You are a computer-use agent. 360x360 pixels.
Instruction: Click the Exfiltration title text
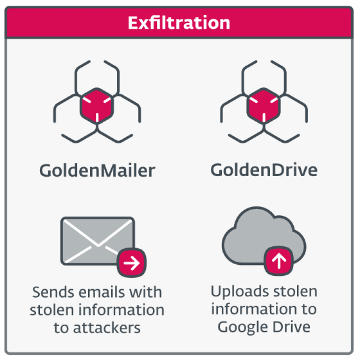pyautogui.click(x=179, y=23)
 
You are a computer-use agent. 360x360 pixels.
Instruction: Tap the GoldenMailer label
pyautogui.click(x=97, y=170)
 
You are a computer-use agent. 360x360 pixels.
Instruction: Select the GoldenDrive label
pyautogui.click(x=264, y=170)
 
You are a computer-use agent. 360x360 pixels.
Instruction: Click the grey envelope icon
pyautogui.click(x=98, y=241)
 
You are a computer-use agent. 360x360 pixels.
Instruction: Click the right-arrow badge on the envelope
pyautogui.click(x=132, y=262)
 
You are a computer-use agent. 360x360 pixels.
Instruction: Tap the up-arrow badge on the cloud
pyautogui.click(x=279, y=261)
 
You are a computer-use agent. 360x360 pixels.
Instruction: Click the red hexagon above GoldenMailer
pyautogui.click(x=97, y=106)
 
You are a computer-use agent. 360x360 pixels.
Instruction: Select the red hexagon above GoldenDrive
pyautogui.click(x=264, y=106)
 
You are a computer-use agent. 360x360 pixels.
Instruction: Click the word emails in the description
pyautogui.click(x=101, y=292)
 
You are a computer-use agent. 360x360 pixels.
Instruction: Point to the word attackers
pyautogui.click(x=107, y=328)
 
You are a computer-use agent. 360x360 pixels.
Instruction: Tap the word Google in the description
pyautogui.click(x=242, y=327)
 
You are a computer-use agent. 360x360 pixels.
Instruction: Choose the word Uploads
pyautogui.click(x=240, y=292)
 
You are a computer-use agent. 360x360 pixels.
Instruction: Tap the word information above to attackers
pyautogui.click(x=122, y=310)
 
